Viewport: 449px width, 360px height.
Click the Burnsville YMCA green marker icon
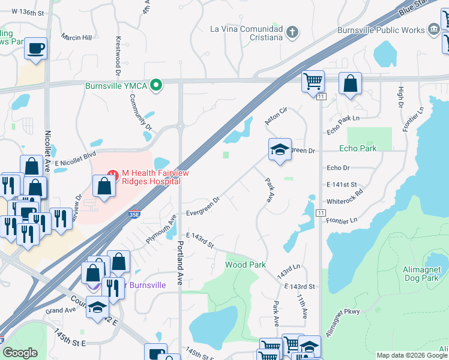(156, 85)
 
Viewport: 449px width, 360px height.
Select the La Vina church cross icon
(292, 32)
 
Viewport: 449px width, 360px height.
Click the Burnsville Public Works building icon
(433, 29)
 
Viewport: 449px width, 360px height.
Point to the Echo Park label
(358, 148)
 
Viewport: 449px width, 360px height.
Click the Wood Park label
(245, 265)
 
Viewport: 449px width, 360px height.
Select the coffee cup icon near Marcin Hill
(36, 47)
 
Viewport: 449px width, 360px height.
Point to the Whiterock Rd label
(345, 194)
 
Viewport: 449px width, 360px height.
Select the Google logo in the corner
(20, 353)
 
